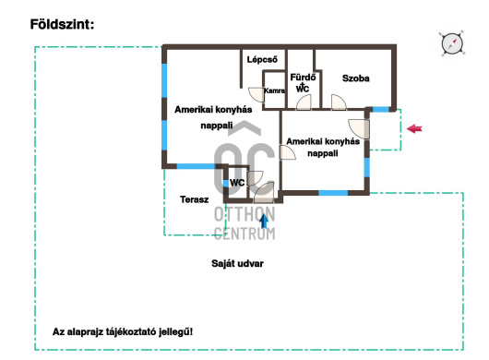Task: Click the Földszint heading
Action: pos(62,24)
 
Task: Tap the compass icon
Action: pos(452,43)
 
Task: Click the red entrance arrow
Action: pos(414,128)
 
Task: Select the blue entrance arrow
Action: pos(264,221)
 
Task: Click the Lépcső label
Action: pos(262,60)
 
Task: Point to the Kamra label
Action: pos(274,90)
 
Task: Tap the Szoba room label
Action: pos(355,78)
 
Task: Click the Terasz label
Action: pos(194,199)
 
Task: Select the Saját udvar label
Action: pos(237,264)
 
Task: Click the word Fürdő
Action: pos(303,78)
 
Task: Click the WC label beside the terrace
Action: pos(237,183)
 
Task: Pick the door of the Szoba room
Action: pos(339,102)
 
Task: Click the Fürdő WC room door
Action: pos(304,102)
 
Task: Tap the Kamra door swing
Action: pos(256,94)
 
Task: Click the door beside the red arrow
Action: pos(359,129)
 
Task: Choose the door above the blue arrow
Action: pos(264,193)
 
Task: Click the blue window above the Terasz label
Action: pos(197,166)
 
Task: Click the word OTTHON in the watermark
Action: pos(244,214)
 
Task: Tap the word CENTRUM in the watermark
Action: pos(244,234)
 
